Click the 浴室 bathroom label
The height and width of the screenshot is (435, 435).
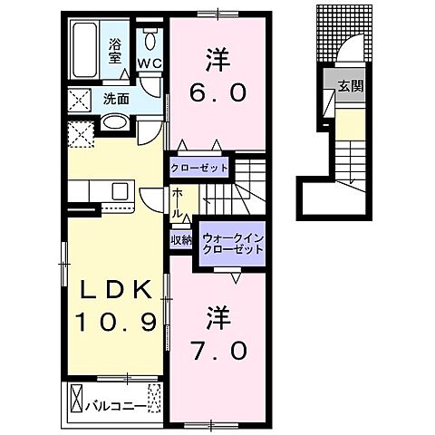tap(116, 51)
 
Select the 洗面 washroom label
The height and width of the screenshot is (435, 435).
tap(114, 98)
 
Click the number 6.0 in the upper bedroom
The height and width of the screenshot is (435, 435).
tap(215, 92)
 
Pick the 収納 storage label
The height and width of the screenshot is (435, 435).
tap(180, 240)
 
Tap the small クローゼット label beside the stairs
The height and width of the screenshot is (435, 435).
tap(198, 169)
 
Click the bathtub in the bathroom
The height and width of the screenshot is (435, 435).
tap(87, 50)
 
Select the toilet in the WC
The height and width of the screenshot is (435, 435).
tap(150, 39)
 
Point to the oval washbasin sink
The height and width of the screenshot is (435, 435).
tap(116, 123)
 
